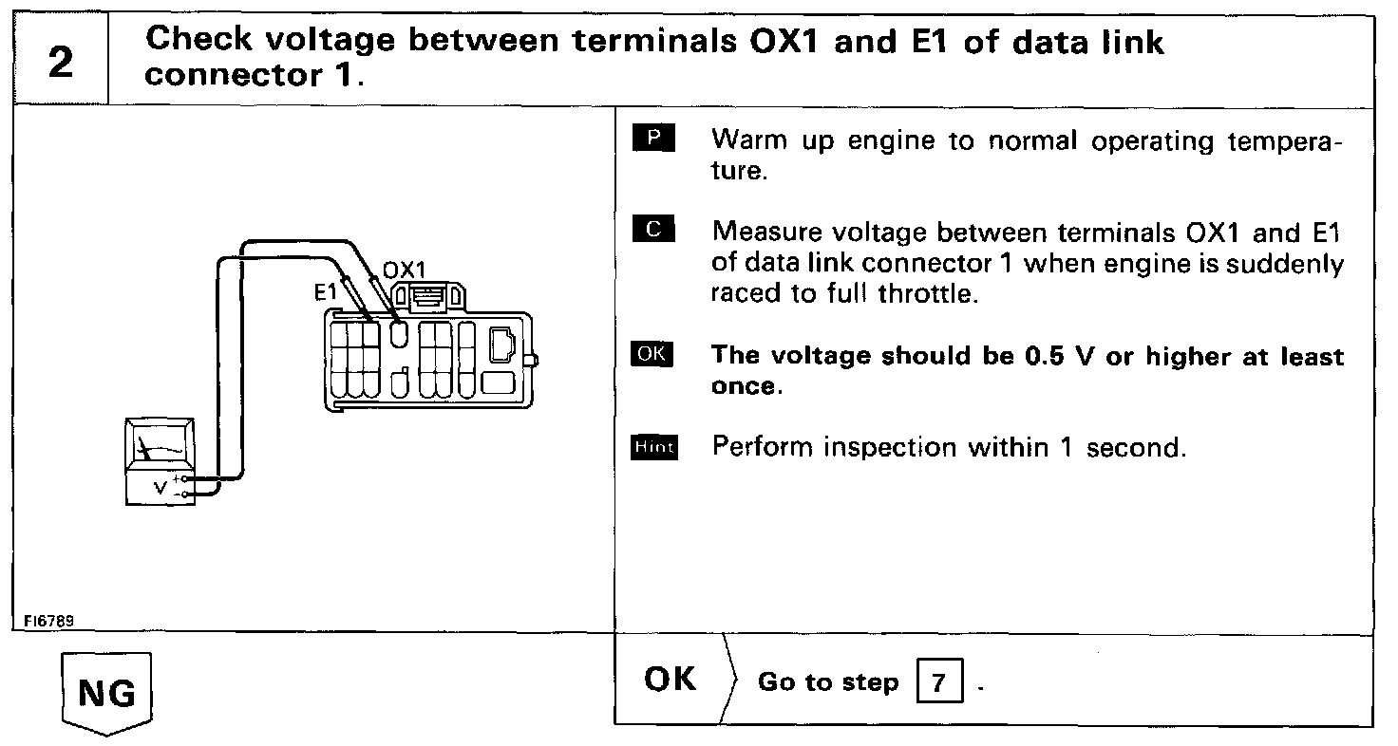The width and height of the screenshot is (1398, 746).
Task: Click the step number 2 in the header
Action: tap(59, 63)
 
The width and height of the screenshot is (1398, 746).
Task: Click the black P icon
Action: tap(652, 139)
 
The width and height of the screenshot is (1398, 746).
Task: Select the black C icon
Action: tap(652, 230)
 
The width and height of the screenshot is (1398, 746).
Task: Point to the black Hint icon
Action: tap(653, 446)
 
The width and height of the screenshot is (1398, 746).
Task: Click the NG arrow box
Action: tap(106, 693)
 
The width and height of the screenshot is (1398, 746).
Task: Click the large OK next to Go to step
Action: tap(670, 680)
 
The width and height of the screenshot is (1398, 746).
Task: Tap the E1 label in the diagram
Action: tap(326, 294)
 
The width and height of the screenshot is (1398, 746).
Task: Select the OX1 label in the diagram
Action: tap(406, 270)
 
